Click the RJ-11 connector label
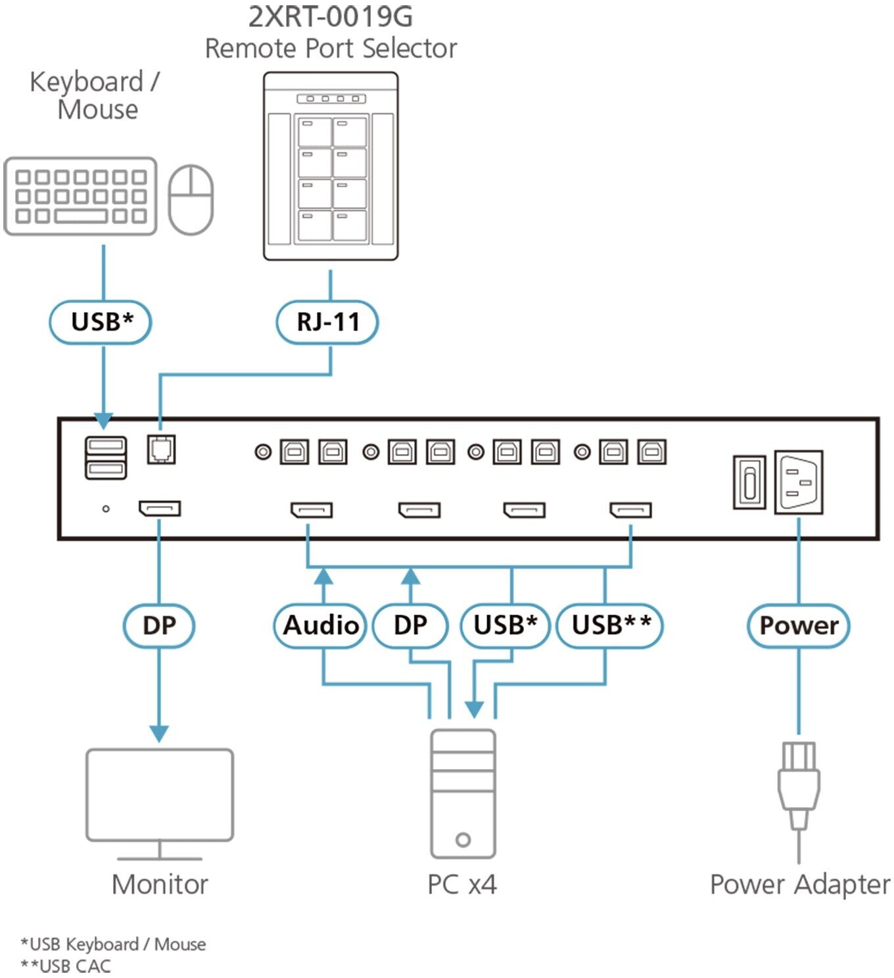point(327,322)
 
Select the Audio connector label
point(320,625)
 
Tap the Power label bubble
point(798,625)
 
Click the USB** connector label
point(610,625)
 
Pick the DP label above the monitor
point(159,625)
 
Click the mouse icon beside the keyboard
point(191,199)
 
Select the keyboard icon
point(80,196)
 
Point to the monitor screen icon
point(160,795)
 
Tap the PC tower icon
point(463,793)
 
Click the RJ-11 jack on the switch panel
point(161,450)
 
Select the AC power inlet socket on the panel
point(798,482)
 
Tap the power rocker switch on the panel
point(749,482)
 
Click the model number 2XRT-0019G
point(330,17)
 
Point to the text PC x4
point(462,884)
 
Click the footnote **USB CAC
point(66,966)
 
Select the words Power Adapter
point(799,884)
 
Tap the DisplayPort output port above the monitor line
point(160,509)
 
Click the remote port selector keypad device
point(331,166)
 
